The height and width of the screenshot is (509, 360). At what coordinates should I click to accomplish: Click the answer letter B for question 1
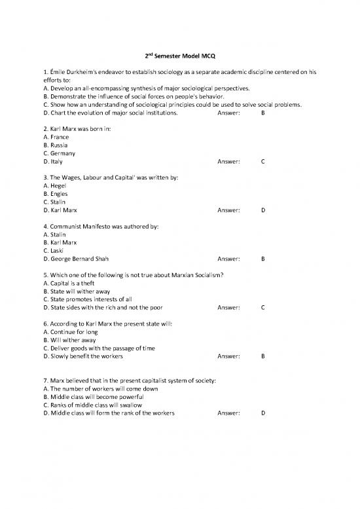pyautogui.click(x=262, y=113)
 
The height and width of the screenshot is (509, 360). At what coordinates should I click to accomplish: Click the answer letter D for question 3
pyautogui.click(x=262, y=210)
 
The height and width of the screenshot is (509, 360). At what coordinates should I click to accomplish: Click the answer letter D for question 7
pyautogui.click(x=262, y=413)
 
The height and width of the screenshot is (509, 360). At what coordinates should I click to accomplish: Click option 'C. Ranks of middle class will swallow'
pyautogui.click(x=92, y=405)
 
